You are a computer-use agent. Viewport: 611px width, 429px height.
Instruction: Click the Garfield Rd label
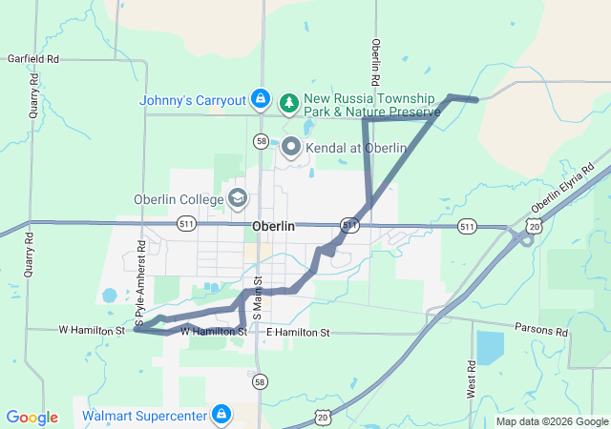(33, 59)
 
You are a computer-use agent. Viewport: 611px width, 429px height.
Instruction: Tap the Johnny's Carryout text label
(193, 100)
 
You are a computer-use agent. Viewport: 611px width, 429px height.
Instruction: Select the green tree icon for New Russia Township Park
(289, 100)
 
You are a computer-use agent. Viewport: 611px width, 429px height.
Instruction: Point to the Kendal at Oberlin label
(356, 148)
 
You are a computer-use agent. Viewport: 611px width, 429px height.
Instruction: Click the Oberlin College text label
(179, 199)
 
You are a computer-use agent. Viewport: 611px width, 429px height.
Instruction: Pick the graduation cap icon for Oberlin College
(238, 199)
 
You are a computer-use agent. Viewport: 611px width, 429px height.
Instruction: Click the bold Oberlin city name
(274, 227)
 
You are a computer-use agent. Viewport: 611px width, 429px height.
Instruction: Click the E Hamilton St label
(298, 333)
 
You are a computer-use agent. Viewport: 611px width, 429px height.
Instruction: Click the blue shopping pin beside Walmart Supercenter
(221, 415)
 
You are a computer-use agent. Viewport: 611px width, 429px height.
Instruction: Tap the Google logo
(32, 418)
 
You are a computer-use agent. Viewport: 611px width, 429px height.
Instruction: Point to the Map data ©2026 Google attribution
(552, 421)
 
